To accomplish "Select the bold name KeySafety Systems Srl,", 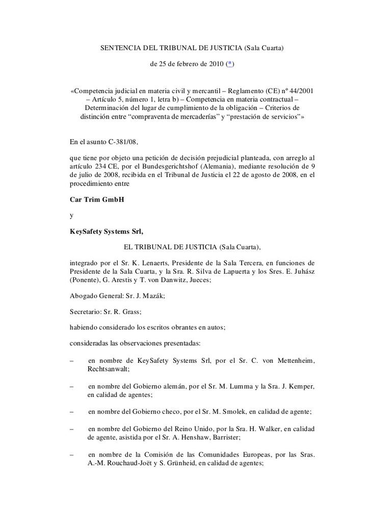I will [x=107, y=232].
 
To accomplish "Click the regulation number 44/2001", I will [x=300, y=91].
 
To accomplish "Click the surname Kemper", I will [x=300, y=386].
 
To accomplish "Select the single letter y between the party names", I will [x=71, y=215].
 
